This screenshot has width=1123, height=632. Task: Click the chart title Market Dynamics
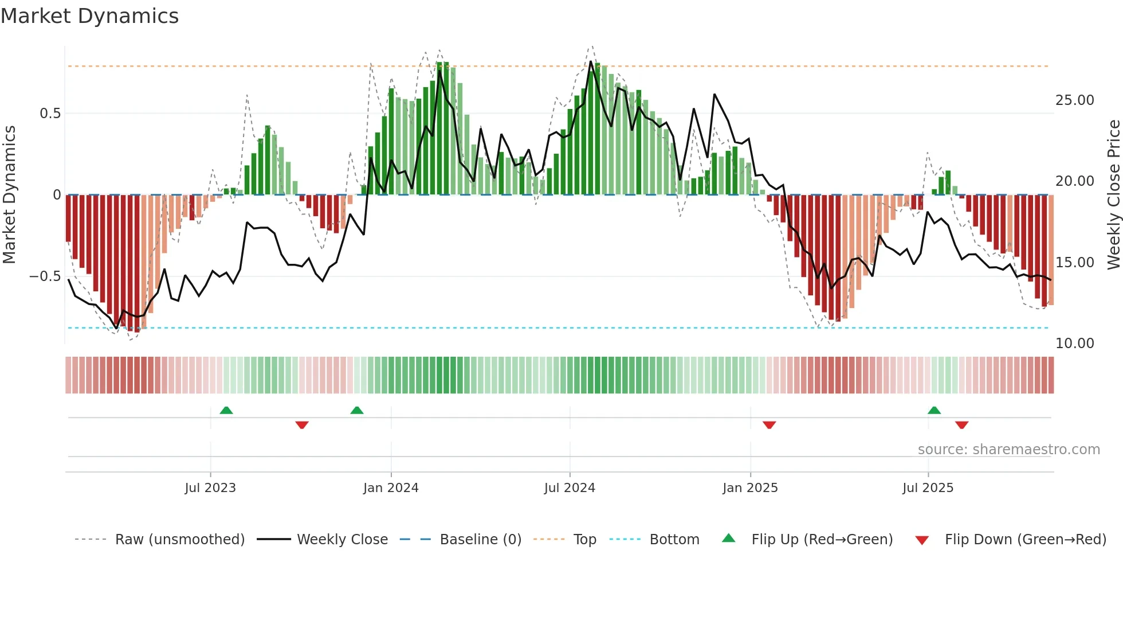[89, 16]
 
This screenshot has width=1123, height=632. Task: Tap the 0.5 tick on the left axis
[50, 114]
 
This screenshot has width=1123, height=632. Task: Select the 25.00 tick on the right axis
[1074, 100]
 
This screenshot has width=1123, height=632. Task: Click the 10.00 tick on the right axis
[1074, 344]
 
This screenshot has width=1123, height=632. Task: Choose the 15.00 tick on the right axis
[1074, 263]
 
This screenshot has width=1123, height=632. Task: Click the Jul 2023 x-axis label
[210, 488]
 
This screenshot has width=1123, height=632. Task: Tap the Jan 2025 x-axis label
[750, 488]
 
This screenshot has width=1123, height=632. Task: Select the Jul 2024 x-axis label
[570, 488]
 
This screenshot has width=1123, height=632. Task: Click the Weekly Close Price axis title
[1113, 195]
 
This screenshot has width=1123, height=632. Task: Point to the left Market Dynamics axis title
[9, 195]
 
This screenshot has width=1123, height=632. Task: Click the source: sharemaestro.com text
[1008, 450]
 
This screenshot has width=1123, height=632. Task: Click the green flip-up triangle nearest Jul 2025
[934, 411]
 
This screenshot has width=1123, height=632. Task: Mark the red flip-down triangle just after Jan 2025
[769, 425]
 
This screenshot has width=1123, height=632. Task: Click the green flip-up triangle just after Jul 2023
[226, 411]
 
